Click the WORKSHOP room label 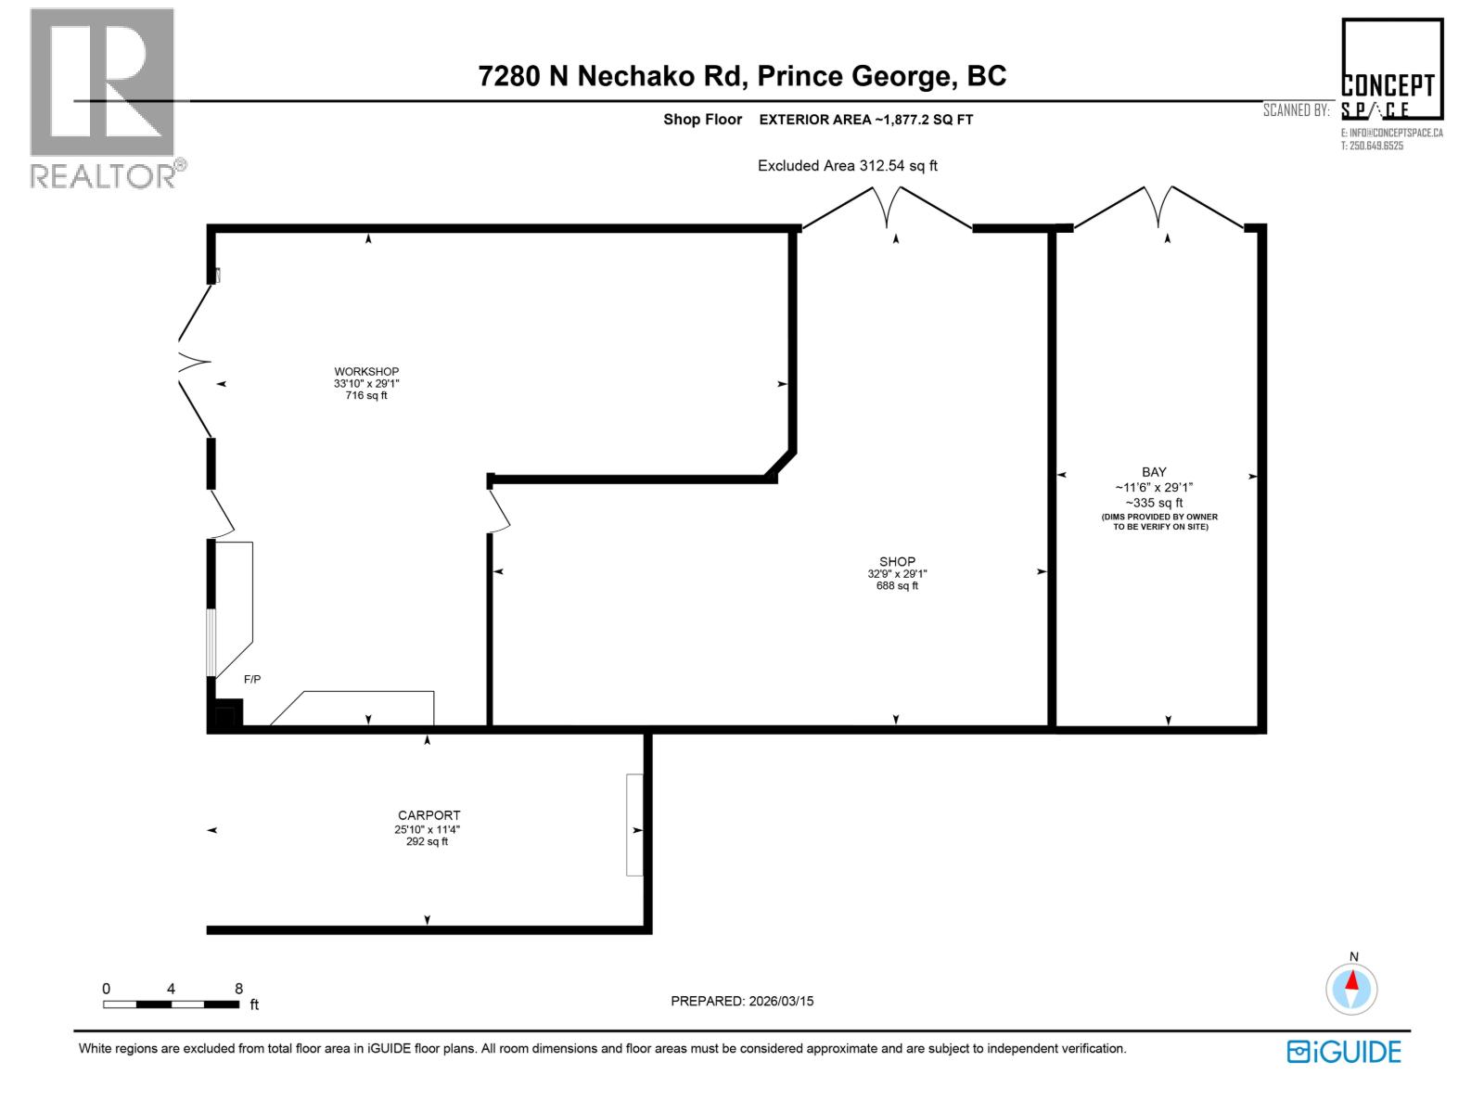[366, 371]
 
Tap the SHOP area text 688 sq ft [897, 586]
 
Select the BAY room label [1154, 472]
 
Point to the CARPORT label [427, 815]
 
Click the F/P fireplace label [252, 680]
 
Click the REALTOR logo [104, 97]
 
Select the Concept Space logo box [1391, 70]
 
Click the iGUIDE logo [1344, 1052]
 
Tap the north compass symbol [1352, 989]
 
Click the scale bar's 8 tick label [239, 989]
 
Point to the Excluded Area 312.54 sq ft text [847, 166]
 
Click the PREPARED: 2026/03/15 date [742, 1001]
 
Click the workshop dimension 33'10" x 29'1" [366, 384]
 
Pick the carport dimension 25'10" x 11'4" [427, 829]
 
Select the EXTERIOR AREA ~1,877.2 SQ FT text [865, 120]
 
